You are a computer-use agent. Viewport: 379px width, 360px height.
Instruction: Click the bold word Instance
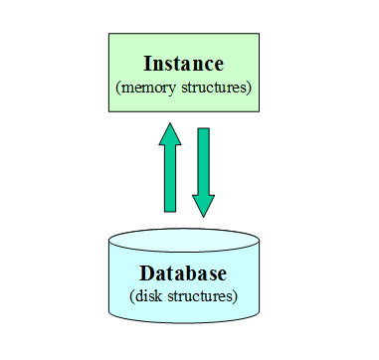point(184,64)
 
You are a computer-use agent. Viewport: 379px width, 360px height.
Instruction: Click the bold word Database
point(183,273)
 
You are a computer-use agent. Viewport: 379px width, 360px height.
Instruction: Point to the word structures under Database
point(205,296)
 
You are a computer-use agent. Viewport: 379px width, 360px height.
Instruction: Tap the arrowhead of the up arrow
point(170,134)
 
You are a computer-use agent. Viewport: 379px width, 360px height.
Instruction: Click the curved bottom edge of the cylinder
point(184,322)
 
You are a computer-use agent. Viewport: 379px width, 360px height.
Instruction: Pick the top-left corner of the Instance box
point(108,34)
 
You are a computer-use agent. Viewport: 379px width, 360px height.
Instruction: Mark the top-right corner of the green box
point(260,34)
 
